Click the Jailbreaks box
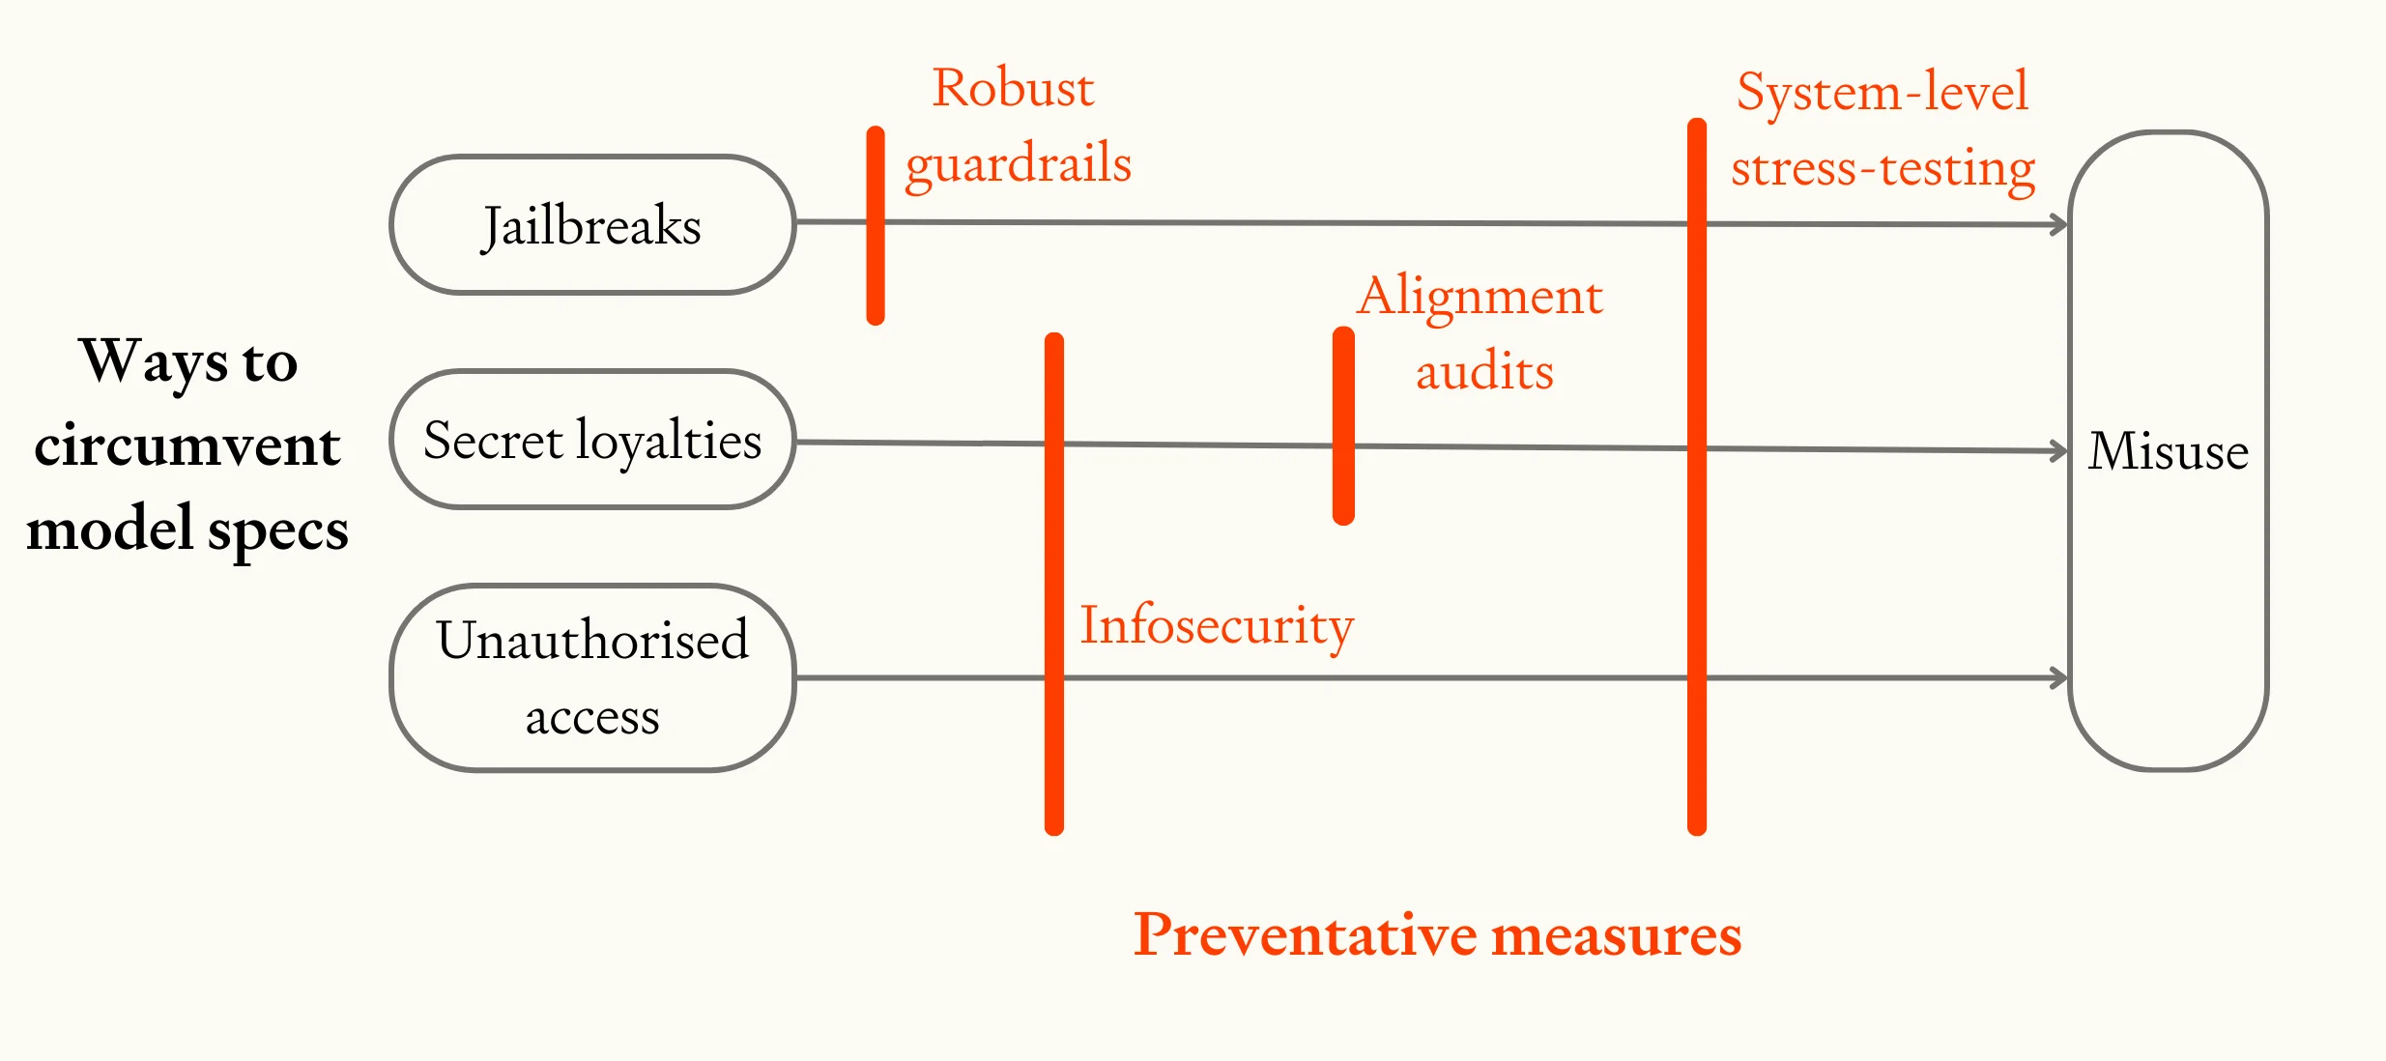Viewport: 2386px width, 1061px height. coord(592,225)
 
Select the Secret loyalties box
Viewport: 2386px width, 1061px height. coord(592,440)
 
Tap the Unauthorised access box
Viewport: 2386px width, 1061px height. coord(592,677)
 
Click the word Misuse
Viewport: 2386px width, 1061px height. coord(2168,451)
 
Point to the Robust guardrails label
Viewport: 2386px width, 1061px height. coord(1016,127)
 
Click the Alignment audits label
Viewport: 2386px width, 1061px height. coord(1480,333)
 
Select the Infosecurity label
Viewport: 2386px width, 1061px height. coord(1216,625)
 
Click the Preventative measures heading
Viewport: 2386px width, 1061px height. coord(1437,935)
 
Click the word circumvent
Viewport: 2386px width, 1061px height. coord(187,445)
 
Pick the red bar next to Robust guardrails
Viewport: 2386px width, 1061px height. coord(876,225)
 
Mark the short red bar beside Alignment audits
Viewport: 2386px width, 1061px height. coord(1343,426)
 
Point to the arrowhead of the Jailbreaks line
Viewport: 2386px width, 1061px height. coord(2059,225)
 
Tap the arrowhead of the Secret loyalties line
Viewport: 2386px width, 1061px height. coord(2059,451)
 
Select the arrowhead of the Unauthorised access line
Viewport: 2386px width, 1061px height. coord(2059,678)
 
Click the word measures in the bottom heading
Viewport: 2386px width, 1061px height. coord(1616,935)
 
